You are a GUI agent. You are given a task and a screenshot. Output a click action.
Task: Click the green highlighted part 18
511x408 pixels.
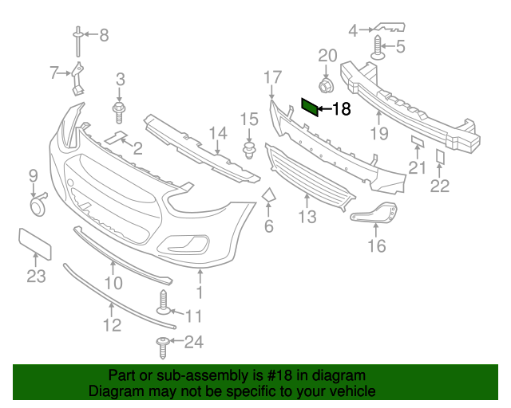point(309,107)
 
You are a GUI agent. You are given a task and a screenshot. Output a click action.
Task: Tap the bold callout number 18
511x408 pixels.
point(341,109)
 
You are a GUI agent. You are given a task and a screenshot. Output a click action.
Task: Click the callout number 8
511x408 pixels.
point(103,34)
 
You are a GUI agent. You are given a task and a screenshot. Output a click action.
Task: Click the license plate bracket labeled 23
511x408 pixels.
point(35,243)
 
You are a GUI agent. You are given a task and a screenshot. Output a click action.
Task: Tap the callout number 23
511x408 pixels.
point(36,277)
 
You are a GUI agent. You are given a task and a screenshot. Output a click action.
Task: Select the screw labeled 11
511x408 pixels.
point(164,304)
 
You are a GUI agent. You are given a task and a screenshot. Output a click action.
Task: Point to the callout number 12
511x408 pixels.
point(112,324)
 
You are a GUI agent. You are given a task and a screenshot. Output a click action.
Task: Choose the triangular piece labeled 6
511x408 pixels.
point(269,196)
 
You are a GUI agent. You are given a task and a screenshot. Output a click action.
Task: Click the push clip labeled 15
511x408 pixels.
point(248,149)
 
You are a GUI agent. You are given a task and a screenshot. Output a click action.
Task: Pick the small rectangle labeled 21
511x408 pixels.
point(417,141)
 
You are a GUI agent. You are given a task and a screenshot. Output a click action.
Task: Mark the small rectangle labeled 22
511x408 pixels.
point(440,156)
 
